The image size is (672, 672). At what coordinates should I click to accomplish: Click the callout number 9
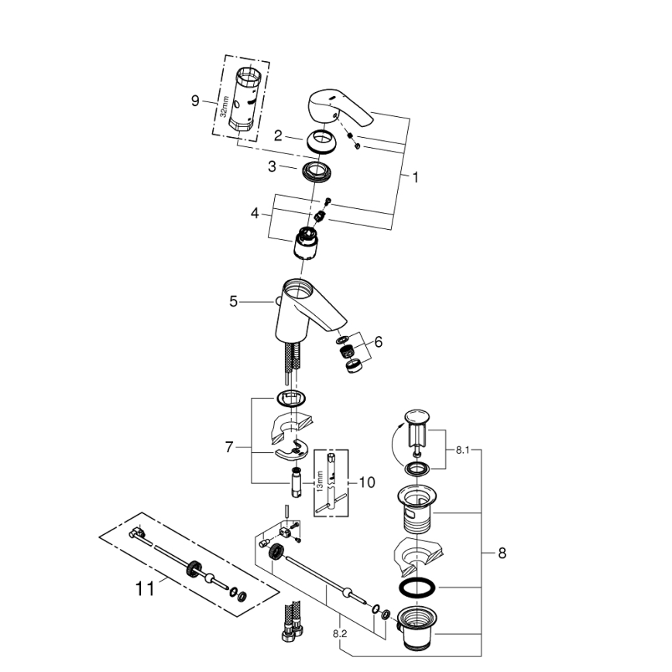coord(195,100)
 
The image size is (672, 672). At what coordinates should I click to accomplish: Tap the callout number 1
coord(415,177)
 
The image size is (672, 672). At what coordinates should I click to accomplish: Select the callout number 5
coord(233,302)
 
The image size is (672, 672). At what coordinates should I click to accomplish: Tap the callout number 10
coord(367,482)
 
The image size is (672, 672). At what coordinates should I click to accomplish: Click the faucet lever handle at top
coord(339,109)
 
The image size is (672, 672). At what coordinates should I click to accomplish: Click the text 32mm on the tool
coord(224,107)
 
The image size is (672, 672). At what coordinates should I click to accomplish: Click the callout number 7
coord(229,447)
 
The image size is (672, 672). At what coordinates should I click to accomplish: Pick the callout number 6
coord(378,341)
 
